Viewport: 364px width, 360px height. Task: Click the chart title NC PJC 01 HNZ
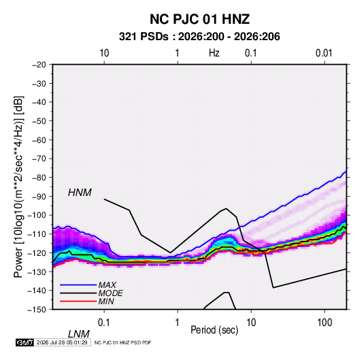click(199, 19)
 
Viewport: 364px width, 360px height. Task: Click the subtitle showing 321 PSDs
click(199, 37)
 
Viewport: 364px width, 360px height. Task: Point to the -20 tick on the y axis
click(39, 65)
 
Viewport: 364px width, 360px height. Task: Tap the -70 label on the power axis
click(39, 159)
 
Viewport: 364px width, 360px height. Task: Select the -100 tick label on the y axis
click(37, 215)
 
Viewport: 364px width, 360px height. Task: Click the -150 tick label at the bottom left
click(37, 310)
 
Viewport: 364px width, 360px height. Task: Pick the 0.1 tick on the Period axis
click(104, 323)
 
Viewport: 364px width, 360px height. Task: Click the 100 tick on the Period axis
click(325, 323)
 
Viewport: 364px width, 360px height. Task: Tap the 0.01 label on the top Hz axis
click(324, 53)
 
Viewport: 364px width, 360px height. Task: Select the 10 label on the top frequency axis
click(104, 53)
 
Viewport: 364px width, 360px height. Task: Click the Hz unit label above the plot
click(214, 53)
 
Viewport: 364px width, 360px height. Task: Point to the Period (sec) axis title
click(214, 330)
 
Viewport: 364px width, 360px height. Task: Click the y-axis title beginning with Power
click(18, 187)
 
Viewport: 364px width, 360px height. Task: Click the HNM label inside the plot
click(80, 193)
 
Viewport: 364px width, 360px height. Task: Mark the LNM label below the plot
click(79, 334)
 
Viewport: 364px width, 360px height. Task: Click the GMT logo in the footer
click(25, 342)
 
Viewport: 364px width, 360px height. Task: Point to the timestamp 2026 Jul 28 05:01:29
click(62, 342)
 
